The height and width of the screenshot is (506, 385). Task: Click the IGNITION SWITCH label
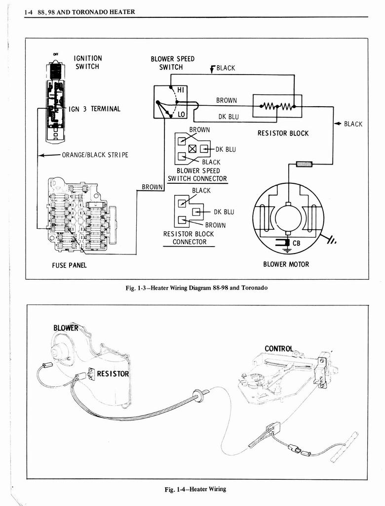pyautogui.click(x=88, y=62)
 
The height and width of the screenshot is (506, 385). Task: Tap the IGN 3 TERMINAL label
pyautogui.click(x=94, y=109)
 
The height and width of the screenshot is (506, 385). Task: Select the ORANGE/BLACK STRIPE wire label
pyautogui.click(x=95, y=155)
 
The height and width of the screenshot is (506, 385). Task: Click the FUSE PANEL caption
pyautogui.click(x=69, y=265)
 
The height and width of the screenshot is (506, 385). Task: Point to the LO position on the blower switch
pyautogui.click(x=181, y=114)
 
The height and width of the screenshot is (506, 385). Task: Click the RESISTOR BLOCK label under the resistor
pyautogui.click(x=283, y=133)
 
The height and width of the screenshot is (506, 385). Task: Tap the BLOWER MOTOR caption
pyautogui.click(x=286, y=264)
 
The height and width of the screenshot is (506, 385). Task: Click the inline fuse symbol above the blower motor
pyautogui.click(x=304, y=164)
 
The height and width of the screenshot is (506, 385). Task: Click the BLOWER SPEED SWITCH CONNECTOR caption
pyautogui.click(x=197, y=175)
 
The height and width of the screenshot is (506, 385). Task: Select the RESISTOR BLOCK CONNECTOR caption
pyautogui.click(x=190, y=238)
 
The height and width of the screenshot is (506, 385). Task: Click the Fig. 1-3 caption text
pyautogui.click(x=197, y=288)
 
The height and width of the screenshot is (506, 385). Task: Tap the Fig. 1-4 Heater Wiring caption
pyautogui.click(x=195, y=489)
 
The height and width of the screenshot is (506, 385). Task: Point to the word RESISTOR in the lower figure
pyautogui.click(x=113, y=374)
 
